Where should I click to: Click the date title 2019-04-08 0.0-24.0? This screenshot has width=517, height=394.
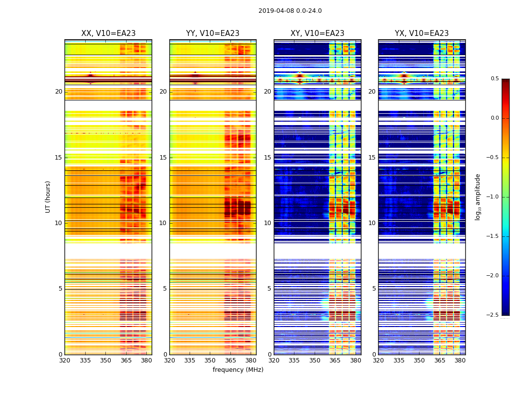pyautogui.click(x=290, y=11)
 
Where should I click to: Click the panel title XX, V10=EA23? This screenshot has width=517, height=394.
pyautogui.click(x=108, y=33)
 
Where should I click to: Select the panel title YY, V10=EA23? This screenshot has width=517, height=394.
pyautogui.click(x=213, y=33)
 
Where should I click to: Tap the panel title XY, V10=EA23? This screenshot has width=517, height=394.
pyautogui.click(x=318, y=33)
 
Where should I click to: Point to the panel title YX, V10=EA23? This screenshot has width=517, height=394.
pyautogui.click(x=422, y=33)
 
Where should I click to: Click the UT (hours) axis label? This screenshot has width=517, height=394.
pyautogui.click(x=48, y=197)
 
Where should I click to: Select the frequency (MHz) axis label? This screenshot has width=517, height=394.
pyautogui.click(x=238, y=370)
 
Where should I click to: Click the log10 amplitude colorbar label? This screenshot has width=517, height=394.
pyautogui.click(x=478, y=197)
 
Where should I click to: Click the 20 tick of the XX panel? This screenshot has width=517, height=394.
pyautogui.click(x=59, y=92)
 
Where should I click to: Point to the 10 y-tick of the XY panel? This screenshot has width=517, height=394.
pyautogui.click(x=267, y=223)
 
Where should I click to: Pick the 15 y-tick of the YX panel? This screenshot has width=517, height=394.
pyautogui.click(x=372, y=158)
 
